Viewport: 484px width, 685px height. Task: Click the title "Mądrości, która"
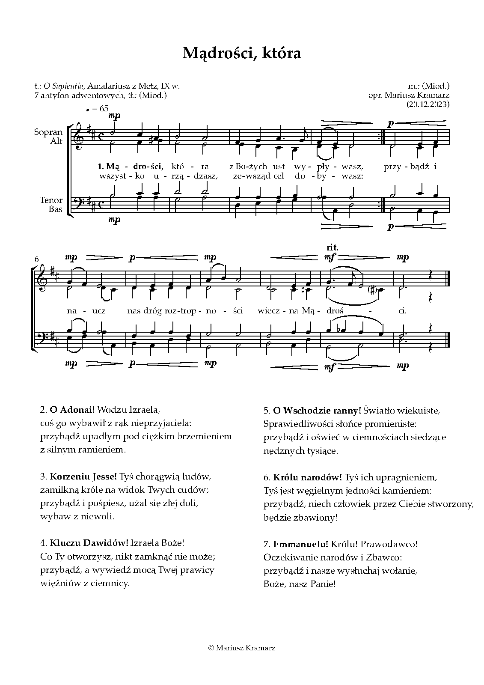click(242, 53)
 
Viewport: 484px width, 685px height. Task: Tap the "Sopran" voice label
click(48, 132)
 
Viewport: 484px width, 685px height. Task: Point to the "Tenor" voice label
click(51, 200)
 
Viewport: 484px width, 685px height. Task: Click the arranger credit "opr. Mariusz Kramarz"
click(409, 95)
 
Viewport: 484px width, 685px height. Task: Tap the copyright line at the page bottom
click(242, 648)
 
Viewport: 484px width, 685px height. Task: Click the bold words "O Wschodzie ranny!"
click(317, 411)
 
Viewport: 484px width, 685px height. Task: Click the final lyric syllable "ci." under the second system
click(402, 311)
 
